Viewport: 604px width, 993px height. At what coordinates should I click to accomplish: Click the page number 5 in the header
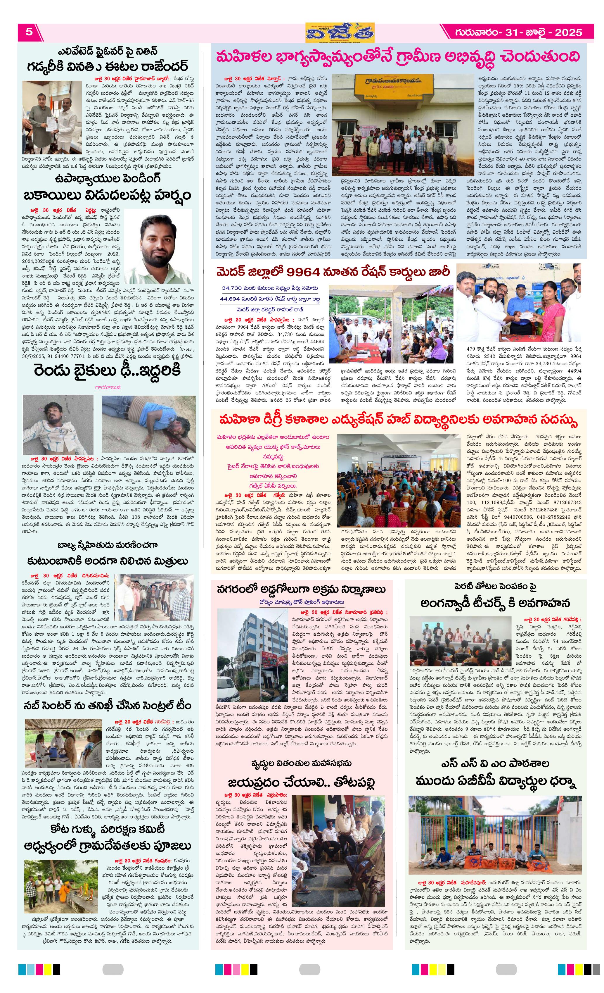pos(29,32)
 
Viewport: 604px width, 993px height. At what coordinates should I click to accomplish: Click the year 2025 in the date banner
pos(568,32)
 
